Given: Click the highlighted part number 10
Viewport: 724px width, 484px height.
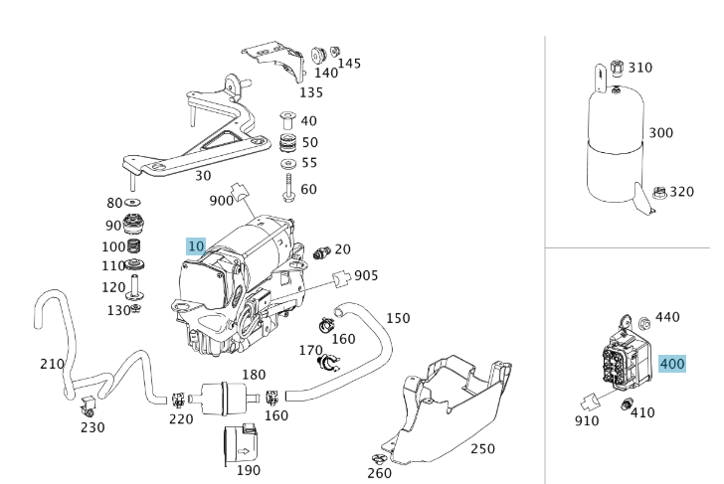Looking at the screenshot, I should click(x=196, y=245).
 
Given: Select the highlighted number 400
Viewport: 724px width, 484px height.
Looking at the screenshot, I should click(x=672, y=364).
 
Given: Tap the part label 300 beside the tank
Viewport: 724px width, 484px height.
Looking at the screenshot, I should click(x=660, y=133).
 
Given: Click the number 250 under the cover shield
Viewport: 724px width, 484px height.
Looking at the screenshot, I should click(x=481, y=448).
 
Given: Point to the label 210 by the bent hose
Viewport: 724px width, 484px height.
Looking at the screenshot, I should click(x=52, y=365).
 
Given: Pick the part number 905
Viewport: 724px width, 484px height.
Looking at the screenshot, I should click(x=366, y=275).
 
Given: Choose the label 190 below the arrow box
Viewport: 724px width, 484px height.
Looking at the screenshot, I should click(x=247, y=470).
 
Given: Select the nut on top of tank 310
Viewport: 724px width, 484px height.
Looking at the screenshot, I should click(x=616, y=69).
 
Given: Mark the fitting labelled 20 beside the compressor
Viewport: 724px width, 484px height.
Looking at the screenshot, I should click(x=321, y=252).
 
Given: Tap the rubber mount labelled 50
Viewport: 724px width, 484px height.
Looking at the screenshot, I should click(x=287, y=142).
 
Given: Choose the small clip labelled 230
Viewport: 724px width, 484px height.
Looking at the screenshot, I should click(x=90, y=407).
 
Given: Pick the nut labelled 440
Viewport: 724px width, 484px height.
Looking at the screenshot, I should click(x=641, y=321).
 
